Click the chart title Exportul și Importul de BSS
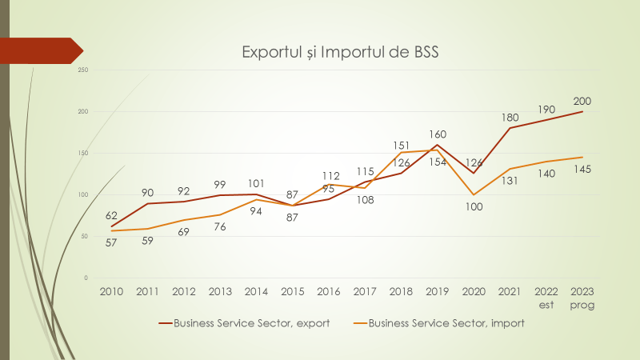[342, 53]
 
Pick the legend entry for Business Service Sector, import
[446, 323]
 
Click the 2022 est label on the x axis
[546, 298]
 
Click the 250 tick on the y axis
[83, 70]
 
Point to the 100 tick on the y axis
[83, 194]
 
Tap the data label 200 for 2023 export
[582, 101]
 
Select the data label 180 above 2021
[510, 118]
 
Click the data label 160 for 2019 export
[437, 134]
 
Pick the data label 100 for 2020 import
[474, 207]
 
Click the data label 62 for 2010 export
[110, 215]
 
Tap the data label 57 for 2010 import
[110, 242]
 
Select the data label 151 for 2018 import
[401, 146]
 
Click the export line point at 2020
[474, 173]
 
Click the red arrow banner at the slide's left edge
[40, 50]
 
